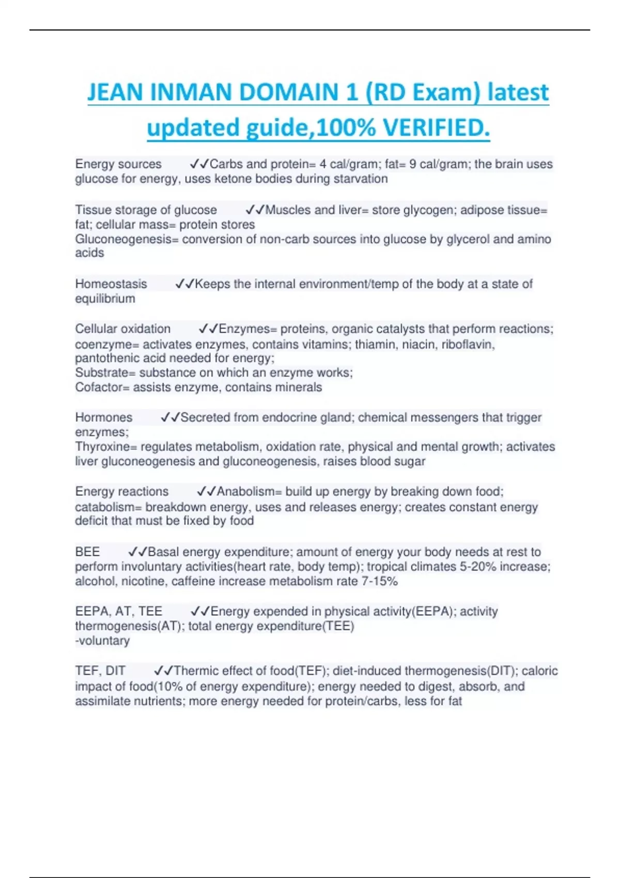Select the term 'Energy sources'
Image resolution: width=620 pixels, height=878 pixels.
point(118,164)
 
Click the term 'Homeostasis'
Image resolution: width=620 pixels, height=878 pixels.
point(111,284)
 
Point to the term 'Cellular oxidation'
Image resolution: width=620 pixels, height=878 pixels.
point(122,329)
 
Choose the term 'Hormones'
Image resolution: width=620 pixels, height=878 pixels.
point(103,417)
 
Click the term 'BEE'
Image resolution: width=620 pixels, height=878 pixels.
point(87,552)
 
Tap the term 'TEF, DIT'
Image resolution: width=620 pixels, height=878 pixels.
point(100,671)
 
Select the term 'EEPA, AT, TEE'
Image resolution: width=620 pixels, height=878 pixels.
point(118,612)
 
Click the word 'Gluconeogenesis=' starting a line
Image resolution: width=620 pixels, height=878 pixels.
point(127,239)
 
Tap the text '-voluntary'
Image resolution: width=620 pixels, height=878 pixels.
point(102,641)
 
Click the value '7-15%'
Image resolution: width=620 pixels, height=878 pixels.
point(380,582)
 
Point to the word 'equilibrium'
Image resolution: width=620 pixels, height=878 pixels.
point(105,299)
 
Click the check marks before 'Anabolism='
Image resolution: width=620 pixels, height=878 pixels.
point(206,491)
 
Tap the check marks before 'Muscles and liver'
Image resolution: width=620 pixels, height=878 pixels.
point(255,210)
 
